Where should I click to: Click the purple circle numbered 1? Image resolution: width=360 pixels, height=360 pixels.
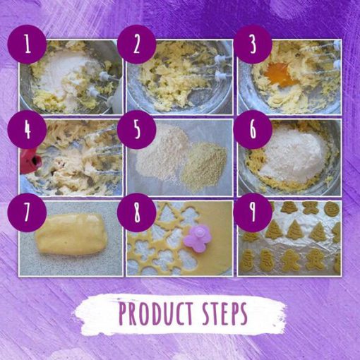click(27, 44)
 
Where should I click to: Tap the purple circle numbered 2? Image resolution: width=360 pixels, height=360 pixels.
click(137, 44)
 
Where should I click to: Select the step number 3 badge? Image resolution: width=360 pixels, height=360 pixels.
click(253, 44)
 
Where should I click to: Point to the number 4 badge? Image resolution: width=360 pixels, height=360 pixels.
click(27, 129)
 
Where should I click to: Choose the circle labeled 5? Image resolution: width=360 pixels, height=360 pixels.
click(137, 129)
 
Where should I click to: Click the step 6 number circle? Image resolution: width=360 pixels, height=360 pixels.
click(253, 129)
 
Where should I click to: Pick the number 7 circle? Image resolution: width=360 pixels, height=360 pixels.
click(27, 212)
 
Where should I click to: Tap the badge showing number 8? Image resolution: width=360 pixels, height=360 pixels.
click(137, 212)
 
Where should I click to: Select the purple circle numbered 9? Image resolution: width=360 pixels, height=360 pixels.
click(253, 212)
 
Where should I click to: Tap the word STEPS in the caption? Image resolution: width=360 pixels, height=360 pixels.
click(225, 313)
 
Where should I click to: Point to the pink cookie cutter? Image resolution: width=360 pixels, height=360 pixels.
click(197, 238)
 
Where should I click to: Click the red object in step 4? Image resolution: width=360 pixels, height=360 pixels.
click(30, 160)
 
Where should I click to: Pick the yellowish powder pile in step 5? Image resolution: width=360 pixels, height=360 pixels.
click(204, 163)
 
